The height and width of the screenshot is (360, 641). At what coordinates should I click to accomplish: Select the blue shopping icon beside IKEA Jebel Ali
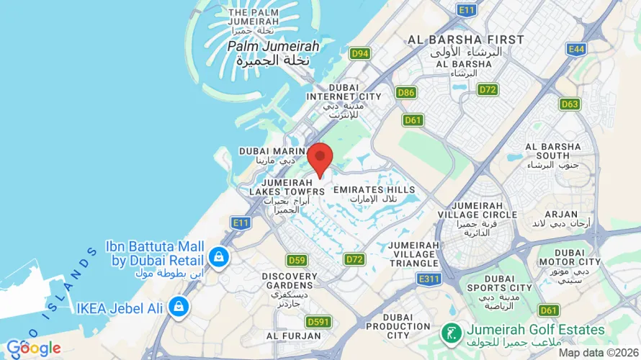click(x=176, y=307)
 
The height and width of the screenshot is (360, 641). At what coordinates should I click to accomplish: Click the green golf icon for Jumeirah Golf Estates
click(x=451, y=332)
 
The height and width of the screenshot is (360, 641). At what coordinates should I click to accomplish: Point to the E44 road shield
click(x=576, y=48)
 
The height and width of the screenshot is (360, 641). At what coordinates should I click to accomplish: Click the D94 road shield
click(x=359, y=53)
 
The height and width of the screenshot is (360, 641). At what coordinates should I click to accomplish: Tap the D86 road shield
click(x=406, y=93)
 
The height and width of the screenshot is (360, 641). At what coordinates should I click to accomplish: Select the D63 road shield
click(x=570, y=104)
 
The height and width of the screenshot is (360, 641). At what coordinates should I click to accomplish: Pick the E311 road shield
click(x=429, y=278)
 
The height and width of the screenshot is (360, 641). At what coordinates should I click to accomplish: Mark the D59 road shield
click(x=297, y=260)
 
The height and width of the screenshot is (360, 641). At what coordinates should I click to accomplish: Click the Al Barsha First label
click(x=465, y=44)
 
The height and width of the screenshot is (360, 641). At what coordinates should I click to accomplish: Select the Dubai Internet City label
click(x=344, y=101)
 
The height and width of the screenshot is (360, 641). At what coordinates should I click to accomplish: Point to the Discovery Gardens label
click(x=290, y=285)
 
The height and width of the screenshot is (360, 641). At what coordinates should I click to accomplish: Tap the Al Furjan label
click(x=293, y=336)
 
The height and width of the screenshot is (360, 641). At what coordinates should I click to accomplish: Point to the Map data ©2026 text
click(x=598, y=353)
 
